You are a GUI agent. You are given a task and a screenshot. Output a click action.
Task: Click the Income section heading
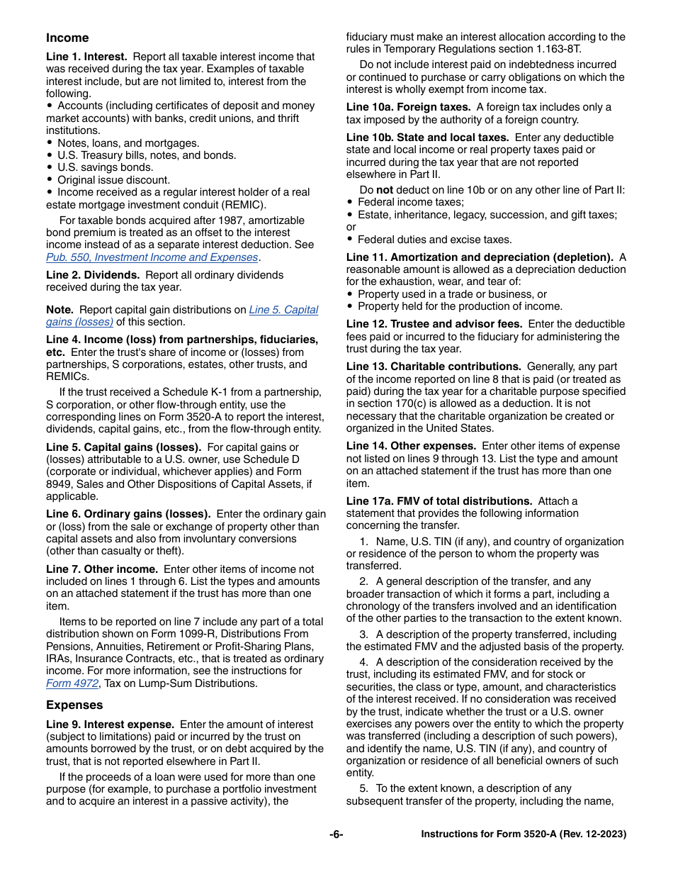tap(67, 38)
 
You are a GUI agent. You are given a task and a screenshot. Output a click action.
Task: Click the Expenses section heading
tap(74, 705)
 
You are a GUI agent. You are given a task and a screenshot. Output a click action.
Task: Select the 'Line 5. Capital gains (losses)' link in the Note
tap(283, 310)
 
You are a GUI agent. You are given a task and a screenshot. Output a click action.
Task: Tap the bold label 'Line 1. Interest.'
tap(86, 57)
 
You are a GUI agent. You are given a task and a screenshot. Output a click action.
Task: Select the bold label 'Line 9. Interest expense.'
tap(110, 725)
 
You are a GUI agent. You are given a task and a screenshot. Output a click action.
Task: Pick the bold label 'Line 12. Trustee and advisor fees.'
tap(434, 324)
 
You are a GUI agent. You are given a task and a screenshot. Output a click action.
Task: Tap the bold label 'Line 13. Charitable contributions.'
tap(434, 367)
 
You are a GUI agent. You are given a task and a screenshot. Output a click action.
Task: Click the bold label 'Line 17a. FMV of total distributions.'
tap(439, 501)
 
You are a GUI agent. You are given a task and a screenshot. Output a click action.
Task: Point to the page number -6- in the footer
tap(336, 834)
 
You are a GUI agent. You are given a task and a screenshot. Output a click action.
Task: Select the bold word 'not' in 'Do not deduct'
tap(384, 189)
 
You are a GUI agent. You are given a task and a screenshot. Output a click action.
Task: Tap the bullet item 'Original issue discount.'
tap(113, 180)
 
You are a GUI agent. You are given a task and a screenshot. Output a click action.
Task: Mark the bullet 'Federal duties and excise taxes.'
tap(434, 240)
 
